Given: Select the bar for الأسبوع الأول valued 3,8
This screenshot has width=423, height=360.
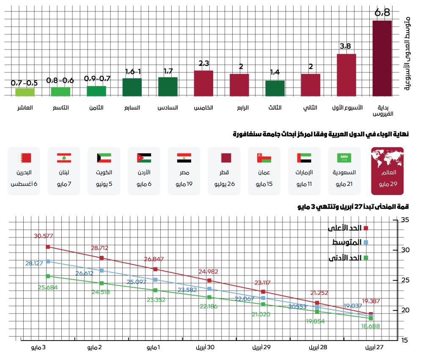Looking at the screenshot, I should [346, 75].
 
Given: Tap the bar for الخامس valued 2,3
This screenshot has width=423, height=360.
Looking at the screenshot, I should [203, 83].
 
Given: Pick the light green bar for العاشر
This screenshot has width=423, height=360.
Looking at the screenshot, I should [25, 92].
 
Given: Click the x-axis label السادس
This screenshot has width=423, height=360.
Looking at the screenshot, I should [168, 108].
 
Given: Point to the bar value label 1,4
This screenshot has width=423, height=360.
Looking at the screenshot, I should [275, 72].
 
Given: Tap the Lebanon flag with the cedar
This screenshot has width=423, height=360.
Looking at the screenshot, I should [64, 158].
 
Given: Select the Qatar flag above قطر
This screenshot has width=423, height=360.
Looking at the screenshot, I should [225, 158].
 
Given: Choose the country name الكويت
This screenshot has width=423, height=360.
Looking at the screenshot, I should [104, 173].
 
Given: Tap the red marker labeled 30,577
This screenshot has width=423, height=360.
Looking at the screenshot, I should [48, 247].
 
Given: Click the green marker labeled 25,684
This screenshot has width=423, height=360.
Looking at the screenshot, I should [48, 276].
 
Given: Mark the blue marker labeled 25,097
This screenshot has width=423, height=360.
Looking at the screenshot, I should [155, 280].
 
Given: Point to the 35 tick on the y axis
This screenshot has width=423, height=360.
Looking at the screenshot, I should [405, 220].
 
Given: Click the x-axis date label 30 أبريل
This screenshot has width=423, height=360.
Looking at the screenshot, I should [206, 347].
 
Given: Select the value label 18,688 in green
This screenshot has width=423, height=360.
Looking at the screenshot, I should [370, 326].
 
